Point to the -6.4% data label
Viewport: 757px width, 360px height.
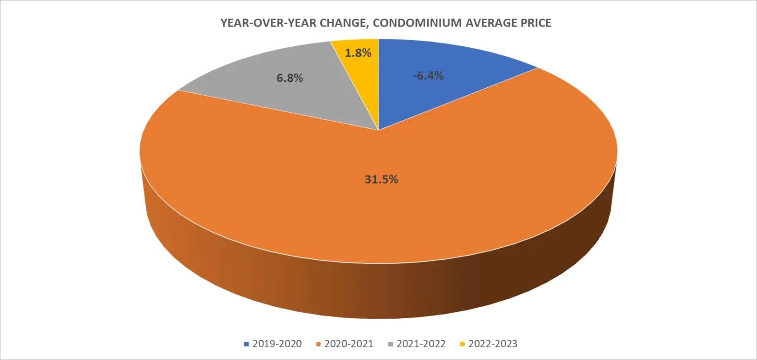point(428,76)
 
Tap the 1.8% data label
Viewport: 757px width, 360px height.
point(358,52)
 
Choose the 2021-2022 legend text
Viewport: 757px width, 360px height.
point(419,344)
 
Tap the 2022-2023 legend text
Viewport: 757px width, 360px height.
point(491,344)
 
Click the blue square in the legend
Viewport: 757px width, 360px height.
point(246,344)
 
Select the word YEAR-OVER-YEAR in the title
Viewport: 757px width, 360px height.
point(255,23)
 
